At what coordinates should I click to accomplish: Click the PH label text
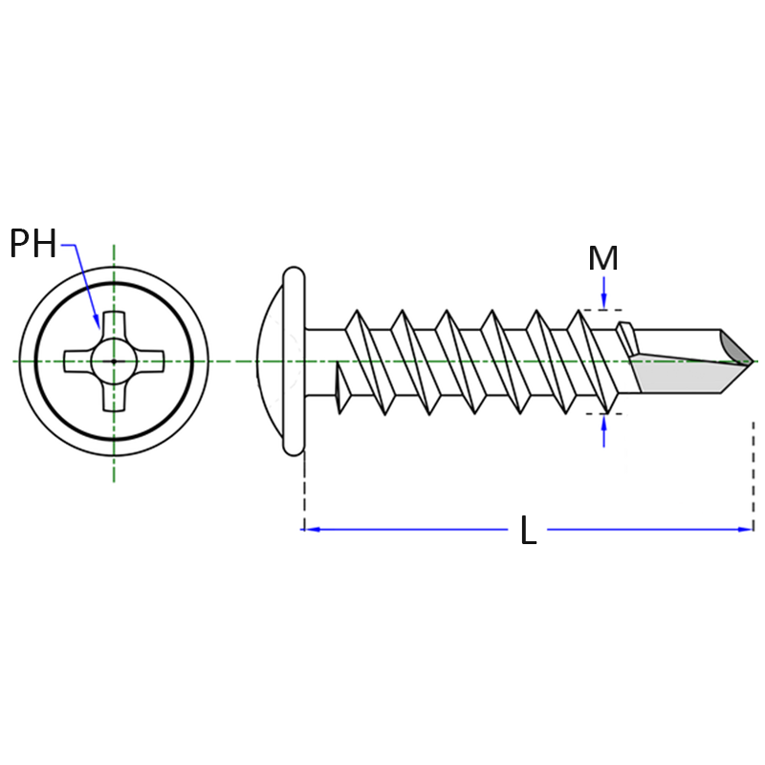coord(33,243)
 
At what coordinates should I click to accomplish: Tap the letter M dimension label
coord(603,258)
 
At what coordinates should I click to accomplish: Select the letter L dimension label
coord(529,530)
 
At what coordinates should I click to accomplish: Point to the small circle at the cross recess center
coord(114,361)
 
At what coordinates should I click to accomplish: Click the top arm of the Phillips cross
coord(114,324)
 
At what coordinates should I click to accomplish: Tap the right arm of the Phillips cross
coord(150,361)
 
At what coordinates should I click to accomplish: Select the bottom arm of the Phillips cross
coord(114,398)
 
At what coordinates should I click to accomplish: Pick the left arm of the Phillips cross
coord(78,361)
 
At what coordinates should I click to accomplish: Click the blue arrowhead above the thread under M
coord(604,301)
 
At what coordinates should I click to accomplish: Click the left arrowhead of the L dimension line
coord(309,530)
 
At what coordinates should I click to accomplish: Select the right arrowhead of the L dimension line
coord(745,530)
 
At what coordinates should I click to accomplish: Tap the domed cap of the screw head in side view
coord(270,361)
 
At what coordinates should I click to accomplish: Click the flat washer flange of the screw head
coord(294,361)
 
